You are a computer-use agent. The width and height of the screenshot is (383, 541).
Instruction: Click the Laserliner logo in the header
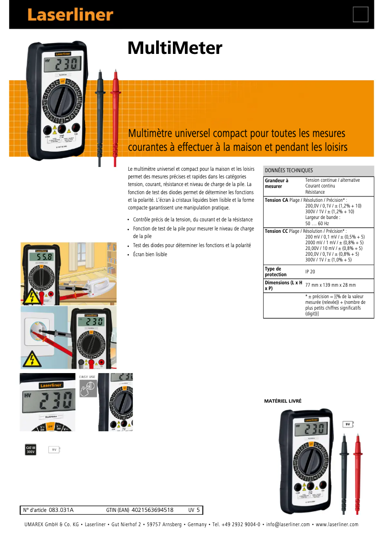coord(70,15)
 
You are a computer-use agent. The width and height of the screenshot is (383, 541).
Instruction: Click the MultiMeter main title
coord(175,48)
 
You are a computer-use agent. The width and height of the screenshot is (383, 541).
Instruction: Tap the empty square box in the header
coord(361,14)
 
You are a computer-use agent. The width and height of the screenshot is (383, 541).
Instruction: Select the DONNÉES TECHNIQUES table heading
coord(289,170)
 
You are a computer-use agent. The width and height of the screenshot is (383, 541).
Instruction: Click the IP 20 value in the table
coord(310,271)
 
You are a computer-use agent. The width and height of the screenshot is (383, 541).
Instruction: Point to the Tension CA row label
coord(277,200)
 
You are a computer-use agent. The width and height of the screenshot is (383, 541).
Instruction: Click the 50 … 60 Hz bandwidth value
coord(317,223)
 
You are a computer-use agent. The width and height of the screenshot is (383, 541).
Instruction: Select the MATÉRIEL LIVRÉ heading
coord(283,401)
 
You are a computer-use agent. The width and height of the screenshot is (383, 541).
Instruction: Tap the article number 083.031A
coord(61,510)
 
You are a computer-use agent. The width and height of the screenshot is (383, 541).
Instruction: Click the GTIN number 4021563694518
coord(152,510)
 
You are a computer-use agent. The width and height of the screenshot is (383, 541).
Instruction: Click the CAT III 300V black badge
coord(31,449)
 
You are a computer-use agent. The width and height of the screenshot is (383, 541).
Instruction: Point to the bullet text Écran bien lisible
coord(150,254)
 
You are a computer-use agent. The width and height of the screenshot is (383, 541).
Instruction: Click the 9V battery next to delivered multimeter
coord(348,424)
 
